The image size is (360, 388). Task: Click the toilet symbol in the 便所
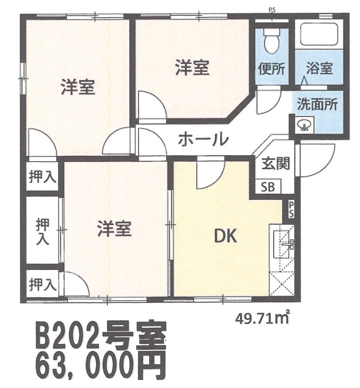[x=271, y=41]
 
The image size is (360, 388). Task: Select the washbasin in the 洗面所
[x=305, y=125]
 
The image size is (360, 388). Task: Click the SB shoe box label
[x=268, y=187]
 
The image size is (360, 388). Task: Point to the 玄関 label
[x=275, y=164]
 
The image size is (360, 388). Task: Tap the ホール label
[x=203, y=139]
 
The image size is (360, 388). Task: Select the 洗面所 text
[x=317, y=104]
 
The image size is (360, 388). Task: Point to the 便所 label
[x=271, y=69]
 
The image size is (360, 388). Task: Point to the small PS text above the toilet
[x=272, y=10]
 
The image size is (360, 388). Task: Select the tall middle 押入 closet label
[x=42, y=232]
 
